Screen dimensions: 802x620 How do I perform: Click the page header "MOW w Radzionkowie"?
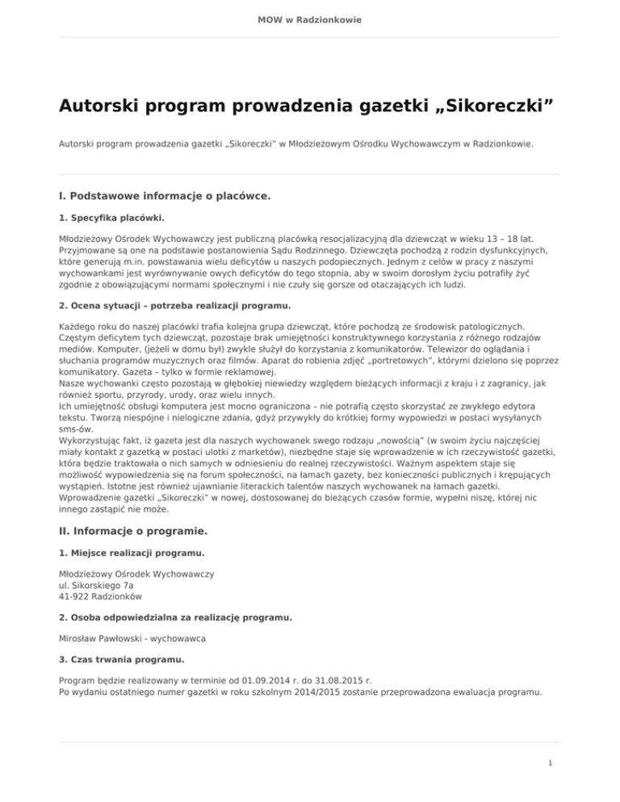(310, 19)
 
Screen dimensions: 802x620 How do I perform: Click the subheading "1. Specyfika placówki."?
(112, 219)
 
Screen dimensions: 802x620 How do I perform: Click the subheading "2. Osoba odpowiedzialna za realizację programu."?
(175, 617)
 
